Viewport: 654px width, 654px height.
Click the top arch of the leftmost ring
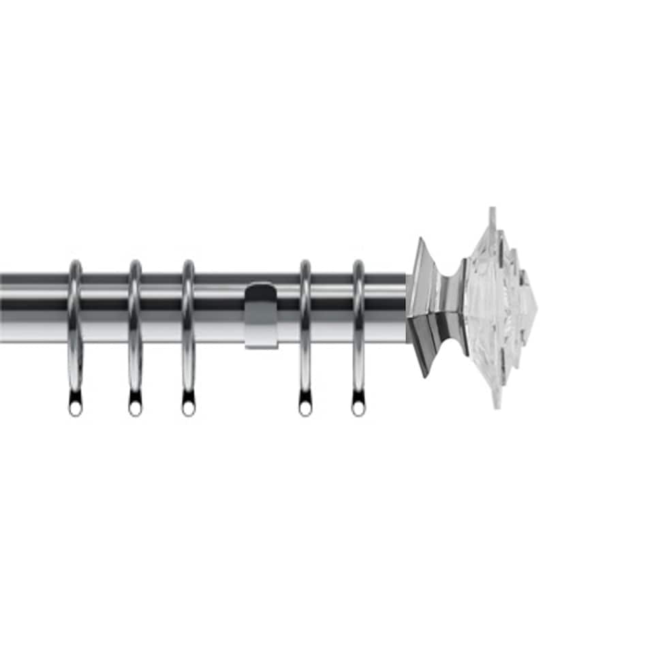coord(75,263)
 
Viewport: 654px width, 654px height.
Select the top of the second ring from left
coord(135,263)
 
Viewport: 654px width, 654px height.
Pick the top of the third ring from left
coord(188,263)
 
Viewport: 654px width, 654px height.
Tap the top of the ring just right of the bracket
coord(305,263)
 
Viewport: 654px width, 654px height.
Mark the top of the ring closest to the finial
coord(358,263)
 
